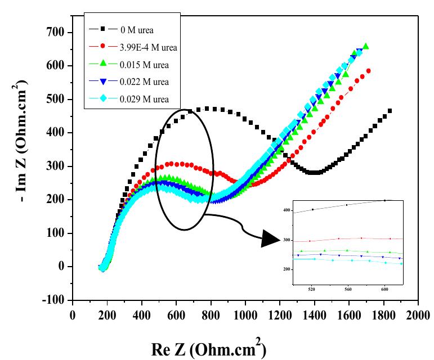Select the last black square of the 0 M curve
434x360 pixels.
point(390,111)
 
